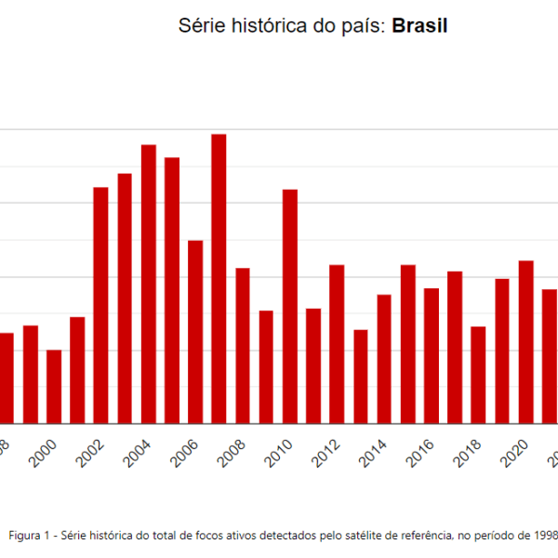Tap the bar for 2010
pos(290,306)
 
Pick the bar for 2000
pos(54,386)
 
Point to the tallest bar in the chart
pos(219,279)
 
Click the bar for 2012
pos(337,344)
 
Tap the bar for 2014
pos(384,359)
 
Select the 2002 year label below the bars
pos(88,455)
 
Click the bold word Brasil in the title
pos(419,26)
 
